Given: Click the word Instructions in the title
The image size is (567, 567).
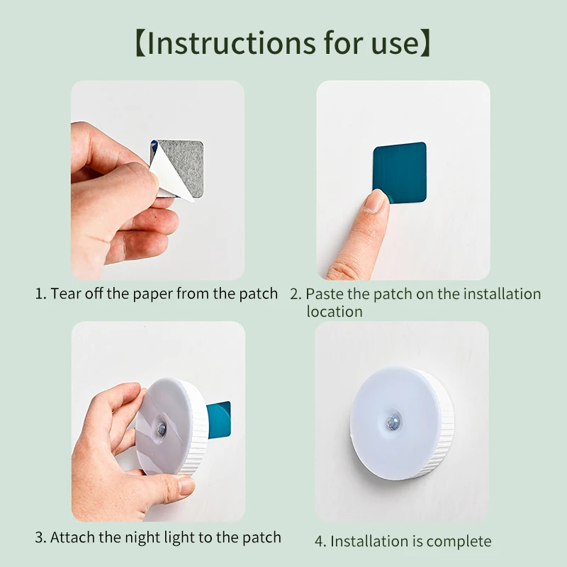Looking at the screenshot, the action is (x=232, y=43).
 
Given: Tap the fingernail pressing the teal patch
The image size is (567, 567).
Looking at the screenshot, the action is (x=376, y=201).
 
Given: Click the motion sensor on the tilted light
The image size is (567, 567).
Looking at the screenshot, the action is (x=162, y=429).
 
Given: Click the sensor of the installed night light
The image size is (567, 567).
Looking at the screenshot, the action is (x=393, y=420).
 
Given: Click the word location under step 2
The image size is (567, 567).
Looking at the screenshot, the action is (x=335, y=312).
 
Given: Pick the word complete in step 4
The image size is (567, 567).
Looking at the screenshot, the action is (x=459, y=541).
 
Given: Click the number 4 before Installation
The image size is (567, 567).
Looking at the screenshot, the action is (x=318, y=541).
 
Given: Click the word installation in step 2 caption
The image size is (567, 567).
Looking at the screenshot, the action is (x=503, y=294).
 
